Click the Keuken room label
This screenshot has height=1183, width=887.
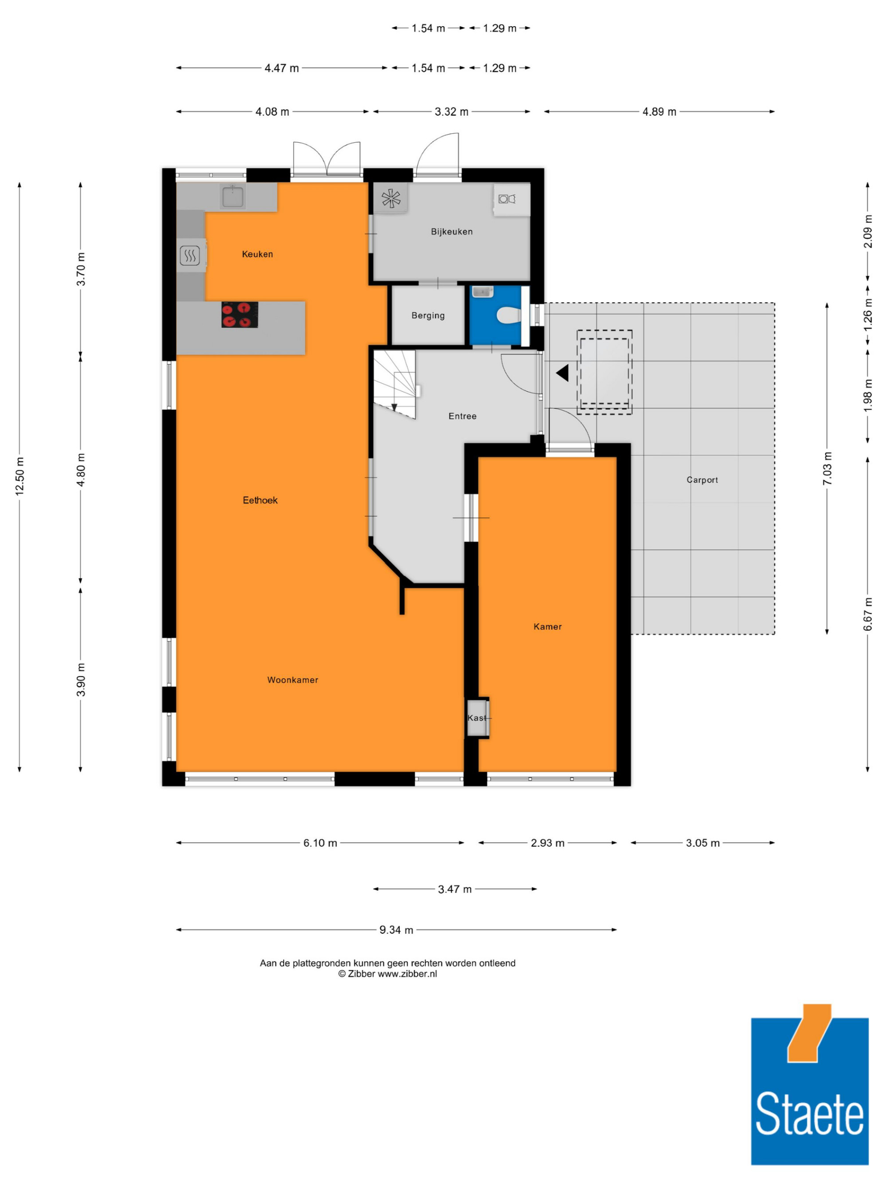click(257, 254)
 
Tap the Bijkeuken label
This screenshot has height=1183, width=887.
click(452, 232)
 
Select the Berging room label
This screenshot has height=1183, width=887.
click(428, 315)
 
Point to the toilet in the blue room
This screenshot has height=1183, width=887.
click(508, 315)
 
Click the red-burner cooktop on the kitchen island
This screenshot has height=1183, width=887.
click(239, 314)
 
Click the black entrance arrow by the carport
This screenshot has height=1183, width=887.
click(562, 373)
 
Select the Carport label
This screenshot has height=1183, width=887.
click(702, 480)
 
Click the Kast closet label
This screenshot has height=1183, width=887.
click(476, 718)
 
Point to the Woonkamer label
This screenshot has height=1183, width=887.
click(292, 680)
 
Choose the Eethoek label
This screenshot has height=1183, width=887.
click(260, 500)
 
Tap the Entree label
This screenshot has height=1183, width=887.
click(463, 416)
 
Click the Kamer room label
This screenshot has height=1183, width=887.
click(547, 626)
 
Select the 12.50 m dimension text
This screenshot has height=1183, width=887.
click(20, 476)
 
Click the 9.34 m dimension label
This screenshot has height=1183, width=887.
click(396, 930)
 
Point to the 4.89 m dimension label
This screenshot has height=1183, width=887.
click(659, 112)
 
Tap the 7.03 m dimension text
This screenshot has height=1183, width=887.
click(827, 468)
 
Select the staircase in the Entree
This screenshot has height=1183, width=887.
click(395, 384)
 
